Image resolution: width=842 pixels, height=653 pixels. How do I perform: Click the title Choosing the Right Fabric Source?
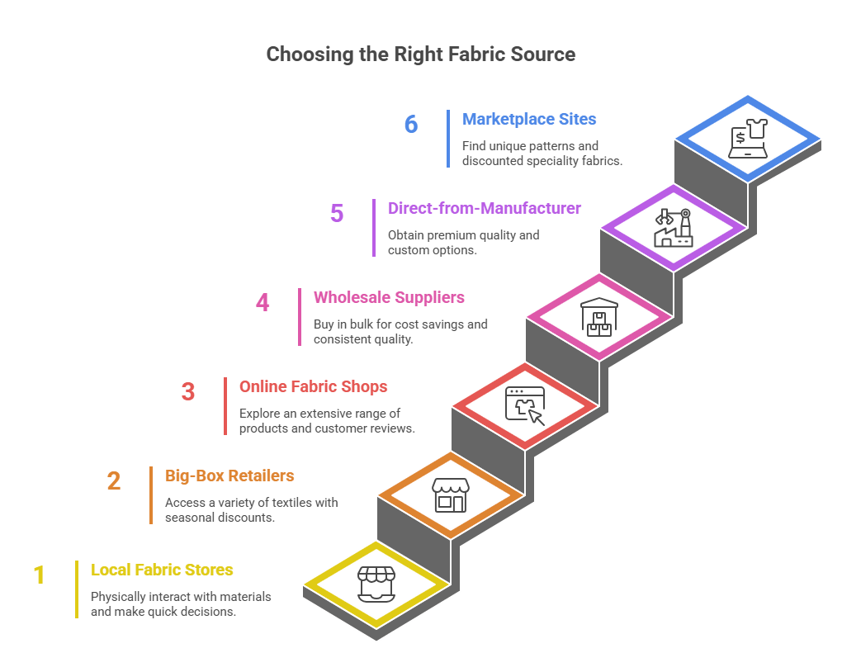(x=420, y=54)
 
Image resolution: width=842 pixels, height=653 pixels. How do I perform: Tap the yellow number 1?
(x=39, y=575)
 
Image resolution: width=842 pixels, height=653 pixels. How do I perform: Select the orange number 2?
(x=114, y=480)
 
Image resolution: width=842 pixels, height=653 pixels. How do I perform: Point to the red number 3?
(x=188, y=391)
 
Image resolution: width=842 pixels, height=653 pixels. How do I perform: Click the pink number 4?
(x=263, y=302)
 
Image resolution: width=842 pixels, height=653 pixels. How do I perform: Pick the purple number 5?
(x=337, y=213)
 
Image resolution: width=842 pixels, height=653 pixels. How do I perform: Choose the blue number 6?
(x=411, y=124)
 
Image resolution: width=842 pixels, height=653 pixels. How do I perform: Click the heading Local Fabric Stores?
(x=162, y=570)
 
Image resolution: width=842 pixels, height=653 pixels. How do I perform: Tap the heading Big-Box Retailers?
(x=229, y=476)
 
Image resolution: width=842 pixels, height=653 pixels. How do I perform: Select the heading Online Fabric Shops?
(x=313, y=386)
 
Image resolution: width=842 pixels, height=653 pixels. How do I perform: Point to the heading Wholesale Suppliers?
(x=389, y=297)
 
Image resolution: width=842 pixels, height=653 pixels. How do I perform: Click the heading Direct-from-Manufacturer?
(x=485, y=208)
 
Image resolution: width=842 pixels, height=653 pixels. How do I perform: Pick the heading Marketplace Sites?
(x=529, y=119)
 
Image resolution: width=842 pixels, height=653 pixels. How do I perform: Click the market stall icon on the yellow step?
(x=376, y=584)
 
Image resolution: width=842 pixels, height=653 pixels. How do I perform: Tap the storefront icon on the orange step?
(x=450, y=494)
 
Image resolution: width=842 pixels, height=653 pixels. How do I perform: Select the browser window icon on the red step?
(x=525, y=405)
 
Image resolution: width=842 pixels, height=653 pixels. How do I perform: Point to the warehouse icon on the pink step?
(x=598, y=316)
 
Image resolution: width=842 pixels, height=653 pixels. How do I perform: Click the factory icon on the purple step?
(x=674, y=227)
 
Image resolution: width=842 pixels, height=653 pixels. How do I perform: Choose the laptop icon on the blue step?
(x=748, y=138)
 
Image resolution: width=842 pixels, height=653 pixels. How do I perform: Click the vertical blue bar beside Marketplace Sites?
(x=448, y=139)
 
